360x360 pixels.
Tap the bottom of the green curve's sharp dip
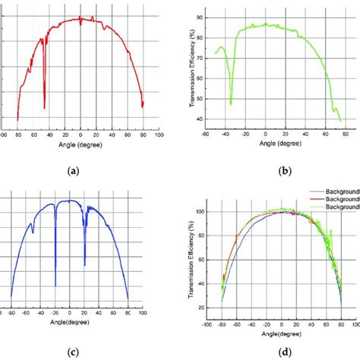231,104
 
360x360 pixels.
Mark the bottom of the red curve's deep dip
45,109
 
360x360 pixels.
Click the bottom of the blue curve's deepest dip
55,286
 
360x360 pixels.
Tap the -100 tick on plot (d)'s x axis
207,322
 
